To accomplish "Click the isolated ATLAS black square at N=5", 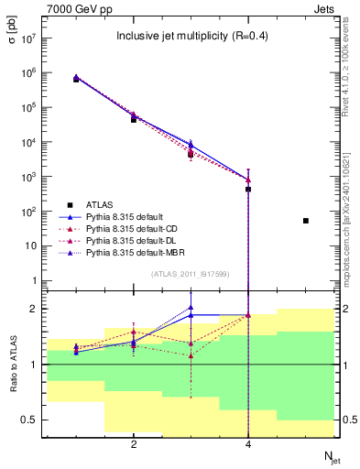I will click(306, 221).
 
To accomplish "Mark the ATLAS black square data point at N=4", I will click(248, 190).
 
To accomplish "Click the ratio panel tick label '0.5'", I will click(29, 420).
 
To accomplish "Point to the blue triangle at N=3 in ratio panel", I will click(191, 309).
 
